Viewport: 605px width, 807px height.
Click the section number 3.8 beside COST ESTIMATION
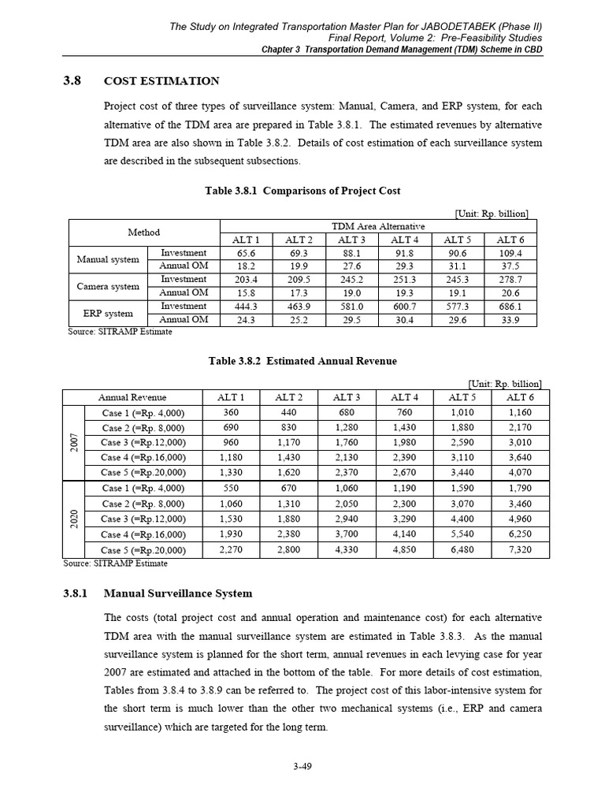(x=72, y=80)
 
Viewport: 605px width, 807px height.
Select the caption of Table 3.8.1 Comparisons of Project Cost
(x=302, y=191)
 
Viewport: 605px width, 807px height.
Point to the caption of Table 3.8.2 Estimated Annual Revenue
(x=302, y=361)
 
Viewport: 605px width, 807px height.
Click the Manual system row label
(x=108, y=259)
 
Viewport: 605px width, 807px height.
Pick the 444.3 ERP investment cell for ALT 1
(x=245, y=306)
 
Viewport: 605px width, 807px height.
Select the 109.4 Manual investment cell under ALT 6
(x=510, y=253)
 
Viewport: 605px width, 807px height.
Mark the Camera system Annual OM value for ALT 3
(x=351, y=292)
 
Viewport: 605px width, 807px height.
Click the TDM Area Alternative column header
(x=378, y=226)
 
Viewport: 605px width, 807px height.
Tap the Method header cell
(x=143, y=232)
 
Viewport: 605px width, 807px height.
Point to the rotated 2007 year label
(x=72, y=443)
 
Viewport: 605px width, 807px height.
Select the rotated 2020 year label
(x=72, y=519)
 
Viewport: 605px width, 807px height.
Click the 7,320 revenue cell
(x=521, y=549)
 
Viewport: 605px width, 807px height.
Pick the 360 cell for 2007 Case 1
(x=231, y=413)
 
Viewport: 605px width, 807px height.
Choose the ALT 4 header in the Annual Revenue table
(x=405, y=397)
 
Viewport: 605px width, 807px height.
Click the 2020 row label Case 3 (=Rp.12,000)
(x=143, y=519)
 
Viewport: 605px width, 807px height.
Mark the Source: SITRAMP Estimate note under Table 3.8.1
(x=120, y=332)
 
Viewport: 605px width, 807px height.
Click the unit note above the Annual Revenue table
(x=504, y=384)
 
